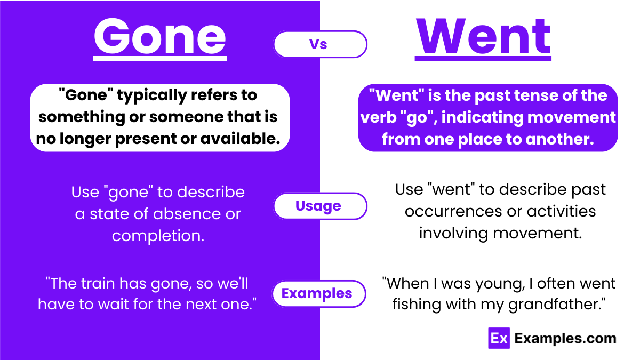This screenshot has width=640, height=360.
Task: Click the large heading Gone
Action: [x=160, y=37]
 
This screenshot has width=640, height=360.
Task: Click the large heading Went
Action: [x=483, y=37]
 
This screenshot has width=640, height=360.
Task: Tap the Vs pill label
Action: [x=318, y=45]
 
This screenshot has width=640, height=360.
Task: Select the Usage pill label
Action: [x=318, y=206]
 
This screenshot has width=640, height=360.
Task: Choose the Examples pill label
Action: [x=317, y=293]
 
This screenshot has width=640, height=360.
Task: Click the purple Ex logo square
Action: [x=499, y=338]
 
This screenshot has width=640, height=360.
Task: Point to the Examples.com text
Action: [x=565, y=338]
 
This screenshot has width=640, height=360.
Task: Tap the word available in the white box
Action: [x=239, y=139]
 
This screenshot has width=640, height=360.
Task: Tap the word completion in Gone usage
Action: [x=158, y=236]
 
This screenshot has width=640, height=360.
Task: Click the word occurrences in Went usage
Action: [x=453, y=212]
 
